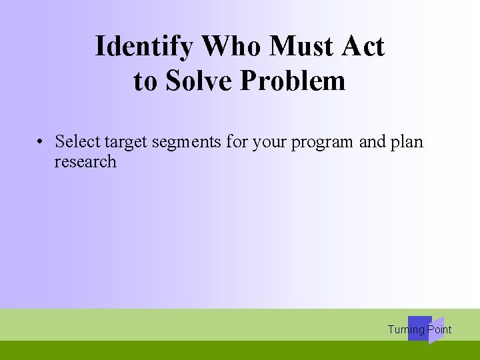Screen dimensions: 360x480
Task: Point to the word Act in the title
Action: [363, 47]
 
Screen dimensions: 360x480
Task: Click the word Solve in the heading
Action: [199, 81]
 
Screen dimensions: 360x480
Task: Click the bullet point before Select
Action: [41, 142]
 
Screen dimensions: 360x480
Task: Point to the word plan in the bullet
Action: [407, 141]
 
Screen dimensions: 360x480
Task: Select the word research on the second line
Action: [85, 162]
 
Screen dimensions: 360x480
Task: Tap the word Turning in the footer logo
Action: [406, 329]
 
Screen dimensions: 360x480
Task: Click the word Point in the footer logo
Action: [439, 329]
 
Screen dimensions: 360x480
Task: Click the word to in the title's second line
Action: [145, 81]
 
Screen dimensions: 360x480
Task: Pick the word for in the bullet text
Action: [238, 141]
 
